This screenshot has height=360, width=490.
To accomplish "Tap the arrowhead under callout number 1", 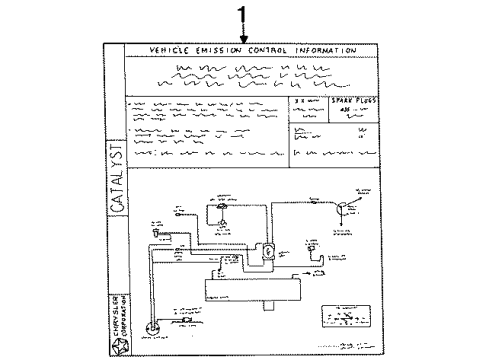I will click(x=241, y=38).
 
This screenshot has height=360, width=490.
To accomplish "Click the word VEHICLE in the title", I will click(x=171, y=50).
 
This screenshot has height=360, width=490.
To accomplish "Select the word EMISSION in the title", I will click(x=223, y=50).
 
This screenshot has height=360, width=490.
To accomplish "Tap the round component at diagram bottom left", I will click(x=152, y=328).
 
